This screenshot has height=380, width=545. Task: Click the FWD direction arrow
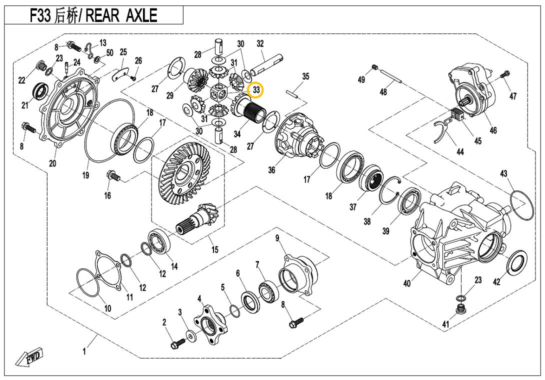click(30, 358)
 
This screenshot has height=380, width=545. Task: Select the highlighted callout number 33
click(256, 90)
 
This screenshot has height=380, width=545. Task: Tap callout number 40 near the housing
click(407, 283)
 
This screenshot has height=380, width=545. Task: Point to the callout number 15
click(214, 249)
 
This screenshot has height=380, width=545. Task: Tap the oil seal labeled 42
click(515, 262)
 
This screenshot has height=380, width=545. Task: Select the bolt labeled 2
click(176, 344)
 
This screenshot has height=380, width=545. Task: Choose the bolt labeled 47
click(503, 74)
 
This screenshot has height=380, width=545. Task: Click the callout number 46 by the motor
click(493, 130)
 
